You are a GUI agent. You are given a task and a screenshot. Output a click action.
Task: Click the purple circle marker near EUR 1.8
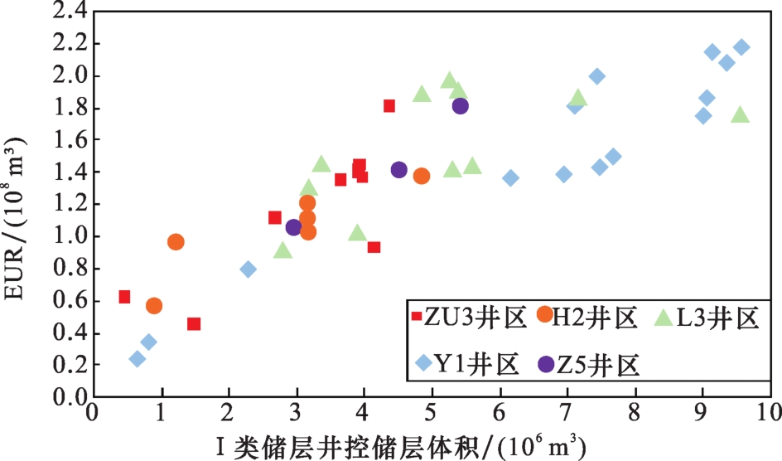click(x=461, y=105)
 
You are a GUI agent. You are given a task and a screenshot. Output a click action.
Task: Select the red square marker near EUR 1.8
click(x=389, y=105)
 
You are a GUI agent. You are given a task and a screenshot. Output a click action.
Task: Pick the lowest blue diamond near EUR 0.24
click(x=138, y=359)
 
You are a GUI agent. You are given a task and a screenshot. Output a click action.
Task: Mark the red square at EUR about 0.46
click(x=194, y=323)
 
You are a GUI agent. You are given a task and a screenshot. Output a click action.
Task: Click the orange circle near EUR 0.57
click(x=154, y=306)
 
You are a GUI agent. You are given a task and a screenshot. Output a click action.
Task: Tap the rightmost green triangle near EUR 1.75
click(x=741, y=114)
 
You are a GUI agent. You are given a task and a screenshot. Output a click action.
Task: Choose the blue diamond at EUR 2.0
click(x=596, y=76)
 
